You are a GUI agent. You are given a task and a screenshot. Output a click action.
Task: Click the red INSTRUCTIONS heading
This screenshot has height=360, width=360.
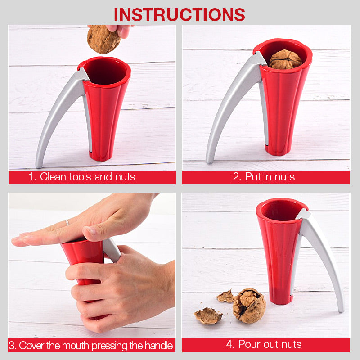(179, 15)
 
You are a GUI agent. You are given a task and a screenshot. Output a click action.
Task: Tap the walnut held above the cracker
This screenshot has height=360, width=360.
(103, 40)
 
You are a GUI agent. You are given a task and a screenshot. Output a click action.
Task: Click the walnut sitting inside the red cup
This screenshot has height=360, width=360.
(285, 59)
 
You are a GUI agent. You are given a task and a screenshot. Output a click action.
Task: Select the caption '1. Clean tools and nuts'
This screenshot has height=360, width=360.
(82, 177)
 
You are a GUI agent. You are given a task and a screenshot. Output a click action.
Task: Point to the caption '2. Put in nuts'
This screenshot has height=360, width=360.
(264, 177)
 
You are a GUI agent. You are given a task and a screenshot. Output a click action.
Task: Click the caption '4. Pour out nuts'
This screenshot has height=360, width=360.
(264, 344)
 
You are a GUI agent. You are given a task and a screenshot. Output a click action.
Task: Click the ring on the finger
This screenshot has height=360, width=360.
(67, 222)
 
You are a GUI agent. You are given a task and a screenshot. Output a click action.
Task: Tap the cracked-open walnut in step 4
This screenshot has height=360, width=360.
(249, 306)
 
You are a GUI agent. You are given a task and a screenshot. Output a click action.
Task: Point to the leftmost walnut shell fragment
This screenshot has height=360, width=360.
(208, 316)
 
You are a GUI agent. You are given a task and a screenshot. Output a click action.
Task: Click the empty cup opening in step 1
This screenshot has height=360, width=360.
(105, 71)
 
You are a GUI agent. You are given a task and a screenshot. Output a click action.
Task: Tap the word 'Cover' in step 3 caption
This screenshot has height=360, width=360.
(31, 345)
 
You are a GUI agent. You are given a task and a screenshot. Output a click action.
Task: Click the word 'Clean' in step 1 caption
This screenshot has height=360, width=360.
(53, 177)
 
